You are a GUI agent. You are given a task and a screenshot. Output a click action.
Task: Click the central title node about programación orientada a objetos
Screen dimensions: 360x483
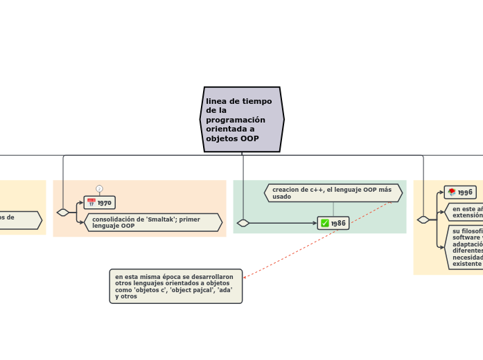click(x=242, y=119)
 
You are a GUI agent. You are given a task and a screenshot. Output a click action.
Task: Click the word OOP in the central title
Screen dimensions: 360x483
click(x=249, y=139)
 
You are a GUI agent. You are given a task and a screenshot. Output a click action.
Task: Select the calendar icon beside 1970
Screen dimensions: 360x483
click(x=91, y=203)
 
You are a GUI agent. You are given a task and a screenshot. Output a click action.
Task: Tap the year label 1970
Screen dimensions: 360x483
click(x=105, y=203)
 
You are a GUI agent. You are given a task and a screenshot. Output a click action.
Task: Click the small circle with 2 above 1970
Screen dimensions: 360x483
click(x=99, y=188)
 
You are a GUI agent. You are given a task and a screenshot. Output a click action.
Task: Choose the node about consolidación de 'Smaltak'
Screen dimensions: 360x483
click(x=152, y=222)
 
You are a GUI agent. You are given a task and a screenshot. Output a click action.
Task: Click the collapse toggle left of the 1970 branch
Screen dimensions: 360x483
click(x=63, y=213)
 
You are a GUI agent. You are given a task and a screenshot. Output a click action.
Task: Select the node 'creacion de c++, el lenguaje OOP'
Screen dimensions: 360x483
click(x=333, y=193)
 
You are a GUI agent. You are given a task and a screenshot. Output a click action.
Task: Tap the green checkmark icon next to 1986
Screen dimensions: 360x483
click(x=324, y=223)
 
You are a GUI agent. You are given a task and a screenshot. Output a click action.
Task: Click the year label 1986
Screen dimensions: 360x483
click(x=338, y=223)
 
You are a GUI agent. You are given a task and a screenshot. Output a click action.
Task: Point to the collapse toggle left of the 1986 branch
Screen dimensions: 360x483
click(x=243, y=223)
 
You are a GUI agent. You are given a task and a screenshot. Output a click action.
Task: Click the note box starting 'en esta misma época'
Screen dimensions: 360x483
click(x=175, y=286)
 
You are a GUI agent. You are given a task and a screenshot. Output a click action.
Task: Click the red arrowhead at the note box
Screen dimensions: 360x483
click(x=245, y=277)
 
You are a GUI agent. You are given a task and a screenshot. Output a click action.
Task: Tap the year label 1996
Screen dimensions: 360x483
click(x=465, y=192)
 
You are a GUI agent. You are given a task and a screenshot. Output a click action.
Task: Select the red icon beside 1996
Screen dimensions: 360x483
click(x=451, y=192)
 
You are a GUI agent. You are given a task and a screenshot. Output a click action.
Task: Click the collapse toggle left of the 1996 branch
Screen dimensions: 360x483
click(x=423, y=219)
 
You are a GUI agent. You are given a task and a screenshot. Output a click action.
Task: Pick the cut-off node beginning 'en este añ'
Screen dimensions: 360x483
click(x=466, y=212)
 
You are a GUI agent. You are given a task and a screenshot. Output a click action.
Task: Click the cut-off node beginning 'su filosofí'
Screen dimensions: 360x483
click(x=466, y=247)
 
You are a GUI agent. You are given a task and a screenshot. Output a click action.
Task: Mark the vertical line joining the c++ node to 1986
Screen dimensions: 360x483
click(x=333, y=209)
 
